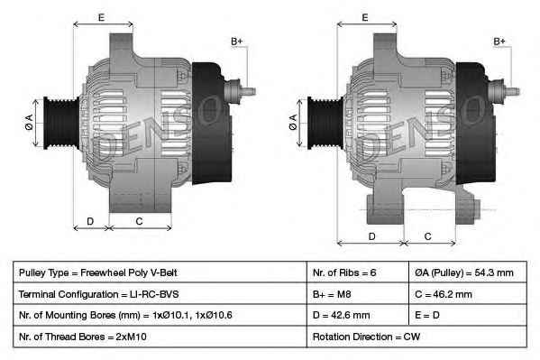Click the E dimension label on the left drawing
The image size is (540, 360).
[101, 17]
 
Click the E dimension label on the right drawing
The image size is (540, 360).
[365, 17]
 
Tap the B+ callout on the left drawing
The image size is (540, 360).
[237, 42]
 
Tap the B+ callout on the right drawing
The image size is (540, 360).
[500, 42]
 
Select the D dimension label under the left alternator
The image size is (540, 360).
[90, 221]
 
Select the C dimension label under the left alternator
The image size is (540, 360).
[139, 221]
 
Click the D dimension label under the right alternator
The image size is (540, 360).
[371, 236]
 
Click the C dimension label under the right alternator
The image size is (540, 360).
[427, 236]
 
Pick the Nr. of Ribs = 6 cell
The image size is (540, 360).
[344, 272]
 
